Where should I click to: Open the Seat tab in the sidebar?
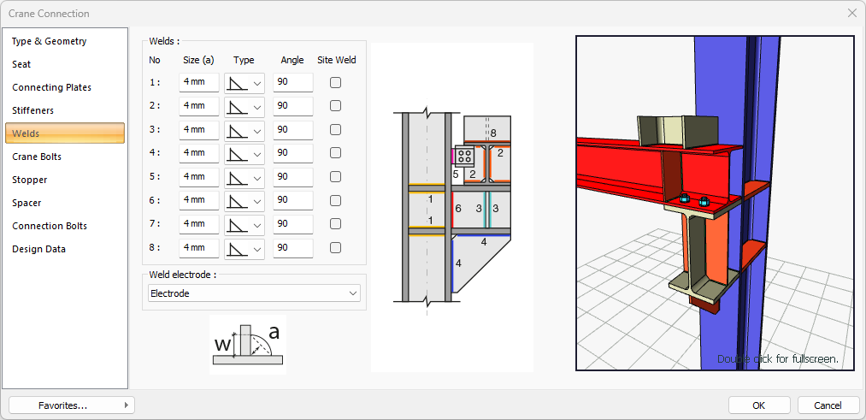tap(21, 64)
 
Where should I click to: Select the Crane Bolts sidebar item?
tap(37, 157)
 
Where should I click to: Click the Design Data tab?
tap(38, 249)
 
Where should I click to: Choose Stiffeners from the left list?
tap(33, 110)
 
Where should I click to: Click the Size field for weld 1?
tap(199, 82)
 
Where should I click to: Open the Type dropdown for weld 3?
tap(244, 130)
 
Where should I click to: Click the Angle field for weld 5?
tap(292, 177)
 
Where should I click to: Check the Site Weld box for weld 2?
tap(335, 106)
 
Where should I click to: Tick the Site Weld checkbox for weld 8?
tap(335, 247)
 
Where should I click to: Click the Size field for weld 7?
tap(199, 224)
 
